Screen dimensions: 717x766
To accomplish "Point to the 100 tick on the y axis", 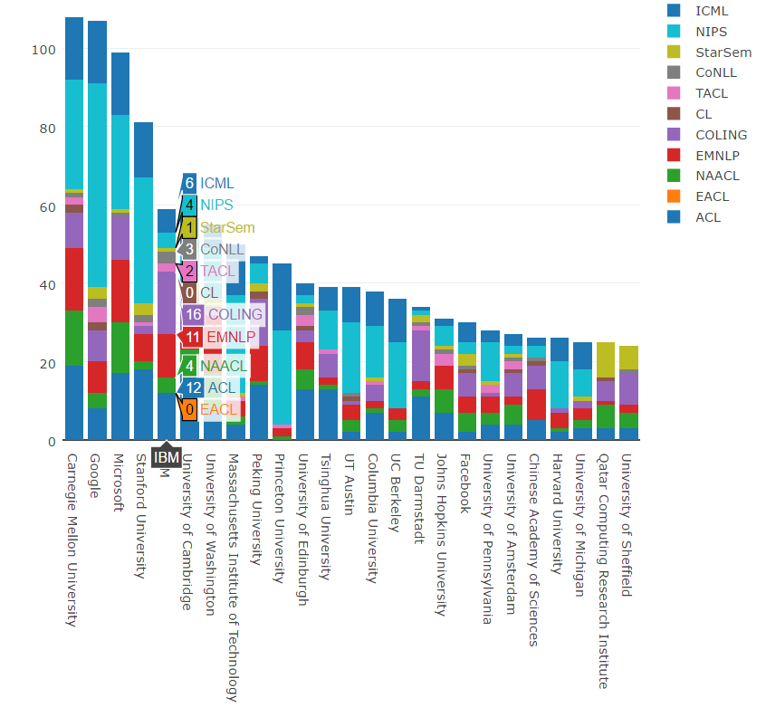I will [43, 50].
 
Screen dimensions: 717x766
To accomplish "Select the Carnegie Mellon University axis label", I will [73, 535].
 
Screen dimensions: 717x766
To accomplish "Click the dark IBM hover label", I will [166, 458].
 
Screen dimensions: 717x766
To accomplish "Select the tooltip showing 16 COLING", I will [223, 315].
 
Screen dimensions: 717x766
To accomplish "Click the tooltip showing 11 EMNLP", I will [220, 338].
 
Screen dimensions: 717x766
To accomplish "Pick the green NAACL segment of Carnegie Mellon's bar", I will [74, 338].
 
